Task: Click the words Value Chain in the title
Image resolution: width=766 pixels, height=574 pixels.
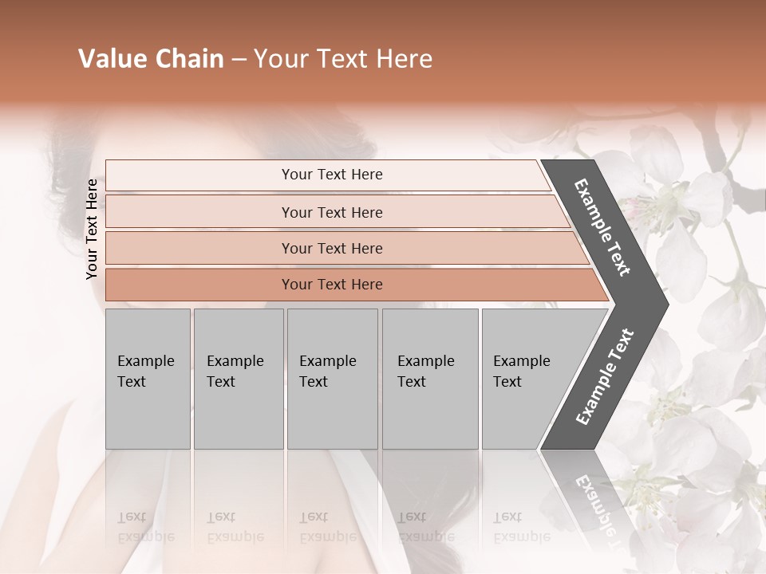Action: (151, 59)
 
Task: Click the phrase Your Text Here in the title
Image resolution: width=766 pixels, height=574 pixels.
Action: (343, 59)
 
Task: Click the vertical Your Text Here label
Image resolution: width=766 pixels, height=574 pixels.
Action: (92, 229)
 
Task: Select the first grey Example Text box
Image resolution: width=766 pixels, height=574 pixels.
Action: (148, 379)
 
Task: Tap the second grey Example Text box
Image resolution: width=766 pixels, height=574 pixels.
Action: (238, 379)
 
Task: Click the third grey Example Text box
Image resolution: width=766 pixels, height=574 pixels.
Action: (332, 379)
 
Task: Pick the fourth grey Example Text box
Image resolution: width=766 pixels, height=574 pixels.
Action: (430, 379)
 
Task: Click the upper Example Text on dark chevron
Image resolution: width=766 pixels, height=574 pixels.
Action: (602, 227)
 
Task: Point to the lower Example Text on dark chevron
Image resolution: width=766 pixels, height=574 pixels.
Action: (605, 377)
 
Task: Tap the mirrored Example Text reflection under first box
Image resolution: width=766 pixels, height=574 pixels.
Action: (146, 526)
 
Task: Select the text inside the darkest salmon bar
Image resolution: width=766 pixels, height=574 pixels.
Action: (332, 285)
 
